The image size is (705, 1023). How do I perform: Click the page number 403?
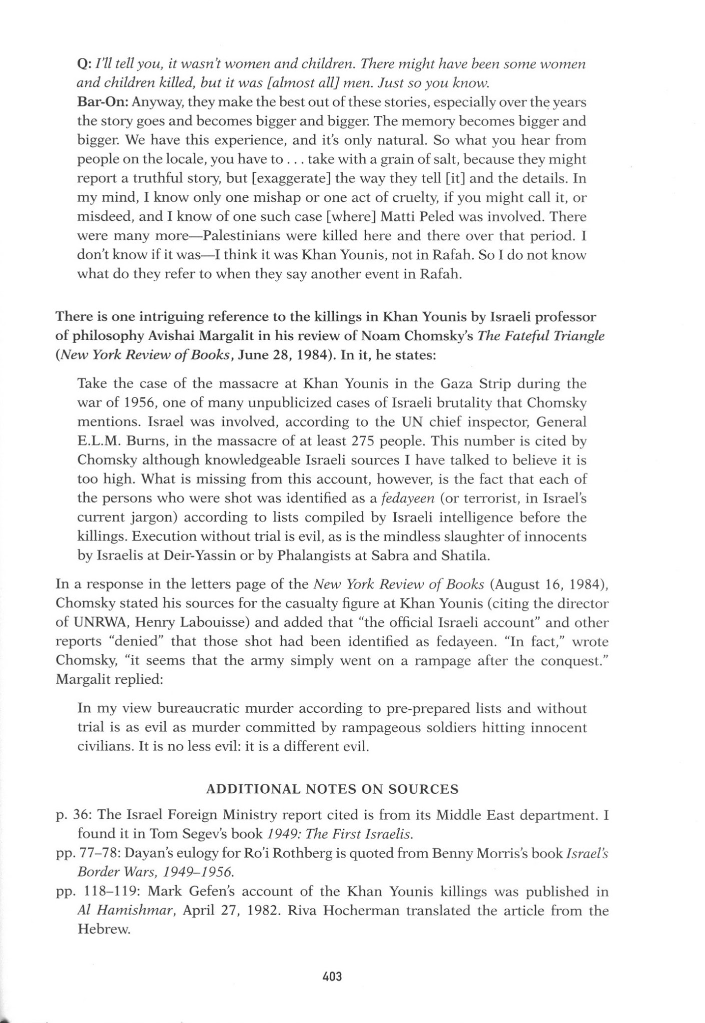pyautogui.click(x=332, y=976)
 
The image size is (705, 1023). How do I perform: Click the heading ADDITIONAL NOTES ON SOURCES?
pyautogui.click(x=332, y=789)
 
